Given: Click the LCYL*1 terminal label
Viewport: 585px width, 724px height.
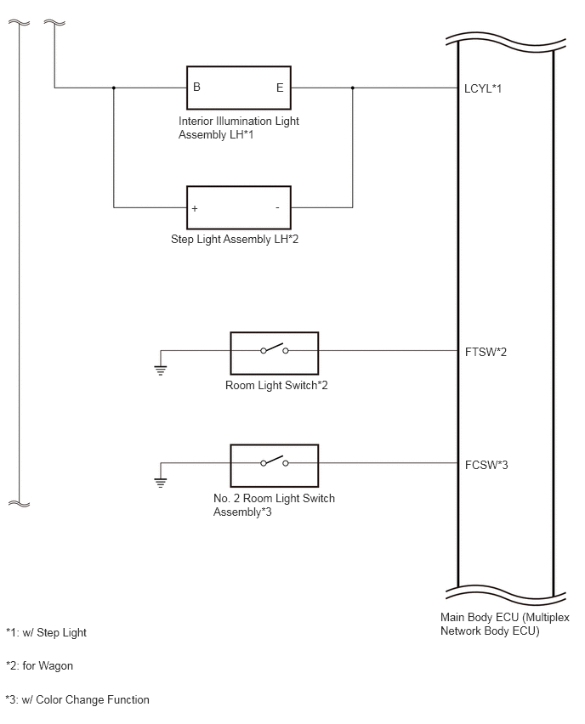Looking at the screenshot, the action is pos(483,88).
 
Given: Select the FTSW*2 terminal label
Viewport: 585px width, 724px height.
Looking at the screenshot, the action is pos(486,352).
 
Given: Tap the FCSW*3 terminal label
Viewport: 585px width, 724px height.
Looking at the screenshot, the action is pos(486,465).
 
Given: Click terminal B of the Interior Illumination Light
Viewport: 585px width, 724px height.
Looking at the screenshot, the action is pos(197,87).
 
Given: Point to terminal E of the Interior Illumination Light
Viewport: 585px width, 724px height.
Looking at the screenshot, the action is pos(280,88).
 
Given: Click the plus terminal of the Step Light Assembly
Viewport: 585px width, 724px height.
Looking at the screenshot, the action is pos(195,208).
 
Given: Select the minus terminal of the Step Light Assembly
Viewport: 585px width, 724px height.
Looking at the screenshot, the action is pos(277,208).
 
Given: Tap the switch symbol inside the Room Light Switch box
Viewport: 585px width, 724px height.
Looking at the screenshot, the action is pos(275,349).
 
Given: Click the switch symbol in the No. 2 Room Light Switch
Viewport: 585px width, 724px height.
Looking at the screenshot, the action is pos(275,461).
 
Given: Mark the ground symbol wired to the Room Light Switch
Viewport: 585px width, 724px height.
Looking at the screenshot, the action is pos(161,370).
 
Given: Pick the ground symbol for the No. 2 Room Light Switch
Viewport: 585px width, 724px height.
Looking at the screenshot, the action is pos(161,483).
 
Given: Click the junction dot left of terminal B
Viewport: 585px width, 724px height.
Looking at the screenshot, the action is pos(114,88).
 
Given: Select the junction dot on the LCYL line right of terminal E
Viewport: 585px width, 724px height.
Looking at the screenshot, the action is pos(353,88).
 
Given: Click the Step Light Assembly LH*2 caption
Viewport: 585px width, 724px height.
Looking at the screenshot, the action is pos(235,239).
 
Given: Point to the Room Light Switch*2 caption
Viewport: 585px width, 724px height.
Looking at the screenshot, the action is pos(276,385).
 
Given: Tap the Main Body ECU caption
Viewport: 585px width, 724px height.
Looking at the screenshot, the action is pos(504,624).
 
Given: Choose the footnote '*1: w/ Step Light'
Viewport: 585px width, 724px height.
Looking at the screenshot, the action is pos(46,632).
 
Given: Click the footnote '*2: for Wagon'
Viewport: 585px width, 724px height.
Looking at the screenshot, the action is pos(39,666).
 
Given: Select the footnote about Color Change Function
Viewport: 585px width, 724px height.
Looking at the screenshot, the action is pos(77,700).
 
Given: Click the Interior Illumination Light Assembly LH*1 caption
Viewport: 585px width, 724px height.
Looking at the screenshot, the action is pos(238,127).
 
